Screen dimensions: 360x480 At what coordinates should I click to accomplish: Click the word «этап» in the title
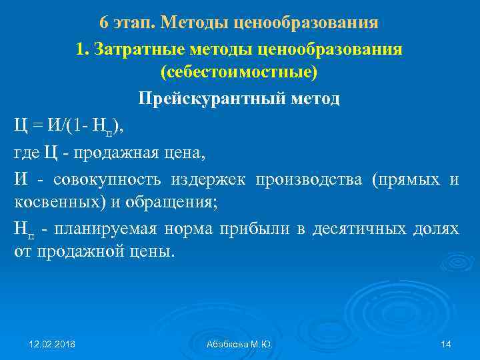click(x=133, y=23)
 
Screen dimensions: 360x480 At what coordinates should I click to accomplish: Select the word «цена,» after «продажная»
click(x=184, y=153)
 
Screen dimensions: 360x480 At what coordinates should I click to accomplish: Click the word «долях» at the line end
click(x=437, y=229)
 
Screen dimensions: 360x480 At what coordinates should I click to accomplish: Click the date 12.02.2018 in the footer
click(x=52, y=344)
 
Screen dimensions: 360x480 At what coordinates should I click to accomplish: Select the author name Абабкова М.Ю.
click(x=239, y=344)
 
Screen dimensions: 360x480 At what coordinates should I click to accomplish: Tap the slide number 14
click(x=446, y=344)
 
